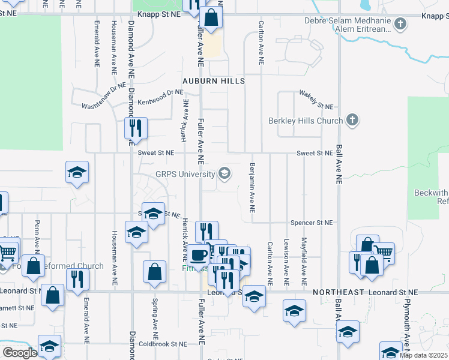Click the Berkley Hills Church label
pos(306,121)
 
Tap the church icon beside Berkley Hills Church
pos(352,121)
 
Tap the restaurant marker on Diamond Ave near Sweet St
pos(135,127)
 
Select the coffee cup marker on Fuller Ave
pos(199,255)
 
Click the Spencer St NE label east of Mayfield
pos(311,223)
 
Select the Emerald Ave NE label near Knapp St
pos(96,45)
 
